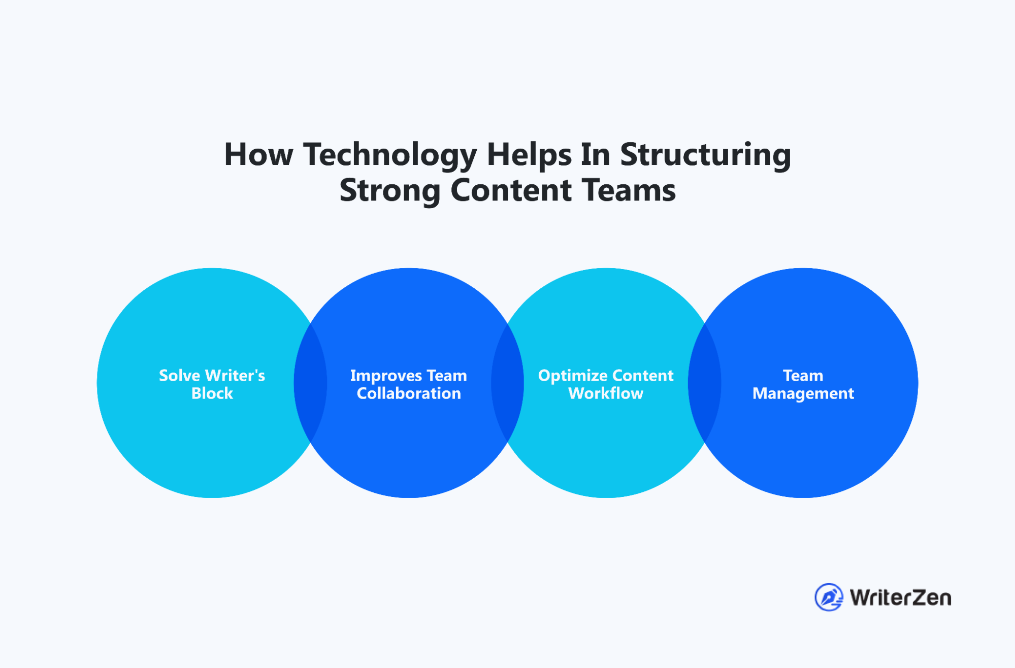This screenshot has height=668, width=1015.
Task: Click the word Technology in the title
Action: (390, 155)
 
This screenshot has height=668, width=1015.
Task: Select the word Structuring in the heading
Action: (705, 155)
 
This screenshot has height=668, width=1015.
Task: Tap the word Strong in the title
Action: (390, 190)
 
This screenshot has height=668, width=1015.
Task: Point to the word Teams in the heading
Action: (629, 190)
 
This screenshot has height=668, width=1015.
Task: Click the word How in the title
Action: (258, 154)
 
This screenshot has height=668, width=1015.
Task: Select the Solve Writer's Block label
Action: (212, 384)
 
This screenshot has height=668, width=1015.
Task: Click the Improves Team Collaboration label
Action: (409, 384)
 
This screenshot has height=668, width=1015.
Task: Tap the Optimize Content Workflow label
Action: (606, 384)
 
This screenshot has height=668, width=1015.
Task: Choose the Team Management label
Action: (803, 384)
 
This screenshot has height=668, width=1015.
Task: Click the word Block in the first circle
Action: (212, 393)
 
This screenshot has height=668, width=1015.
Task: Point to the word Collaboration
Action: (409, 393)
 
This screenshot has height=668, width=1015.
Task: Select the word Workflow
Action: (606, 393)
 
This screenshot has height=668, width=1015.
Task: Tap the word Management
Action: (803, 394)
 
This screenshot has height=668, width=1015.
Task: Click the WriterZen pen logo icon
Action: (829, 597)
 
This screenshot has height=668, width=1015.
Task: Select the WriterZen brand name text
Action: (900, 598)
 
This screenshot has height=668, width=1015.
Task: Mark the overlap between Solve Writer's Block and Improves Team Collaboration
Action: (310, 383)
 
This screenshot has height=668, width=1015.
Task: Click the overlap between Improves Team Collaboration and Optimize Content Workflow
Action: (507, 383)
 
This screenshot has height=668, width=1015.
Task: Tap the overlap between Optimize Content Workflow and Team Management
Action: (704, 383)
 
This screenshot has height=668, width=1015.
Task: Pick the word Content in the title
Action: (511, 190)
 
